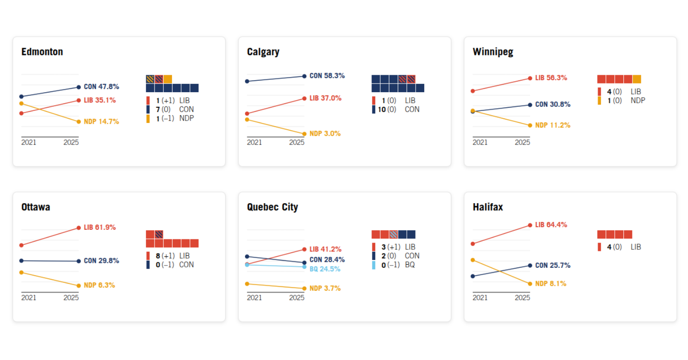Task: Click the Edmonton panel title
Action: click(x=42, y=52)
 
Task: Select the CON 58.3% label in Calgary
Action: click(x=327, y=76)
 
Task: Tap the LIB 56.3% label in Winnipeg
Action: click(x=551, y=78)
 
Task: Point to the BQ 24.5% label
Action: click(x=325, y=269)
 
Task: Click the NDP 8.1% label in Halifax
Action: click(x=551, y=283)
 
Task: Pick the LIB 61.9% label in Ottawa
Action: click(x=100, y=227)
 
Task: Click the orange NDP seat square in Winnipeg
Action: click(x=637, y=79)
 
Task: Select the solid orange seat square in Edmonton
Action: click(x=168, y=79)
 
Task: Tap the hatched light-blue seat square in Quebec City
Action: click(x=394, y=234)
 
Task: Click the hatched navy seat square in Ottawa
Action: click(x=159, y=234)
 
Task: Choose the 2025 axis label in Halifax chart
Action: click(x=522, y=298)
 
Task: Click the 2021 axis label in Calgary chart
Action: click(x=255, y=142)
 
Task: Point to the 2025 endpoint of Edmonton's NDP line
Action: click(x=78, y=122)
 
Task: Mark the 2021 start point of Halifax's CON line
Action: click(x=472, y=276)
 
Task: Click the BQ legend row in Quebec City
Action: click(x=396, y=265)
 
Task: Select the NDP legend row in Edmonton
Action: click(x=171, y=118)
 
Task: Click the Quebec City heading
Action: click(x=272, y=207)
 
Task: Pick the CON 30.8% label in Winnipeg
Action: click(x=552, y=105)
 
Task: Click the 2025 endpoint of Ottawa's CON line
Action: click(x=78, y=261)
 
